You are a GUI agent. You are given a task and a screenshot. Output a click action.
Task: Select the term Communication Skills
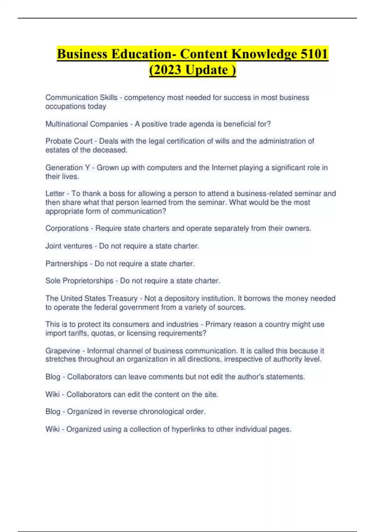click(x=81, y=98)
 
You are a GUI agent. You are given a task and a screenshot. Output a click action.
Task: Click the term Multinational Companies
click(x=87, y=124)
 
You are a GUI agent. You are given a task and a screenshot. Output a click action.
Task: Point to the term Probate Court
click(x=69, y=141)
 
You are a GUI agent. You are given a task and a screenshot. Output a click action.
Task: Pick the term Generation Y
click(x=67, y=168)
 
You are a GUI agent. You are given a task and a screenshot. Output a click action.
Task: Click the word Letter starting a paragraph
click(x=55, y=194)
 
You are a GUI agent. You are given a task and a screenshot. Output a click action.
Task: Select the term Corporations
click(x=67, y=228)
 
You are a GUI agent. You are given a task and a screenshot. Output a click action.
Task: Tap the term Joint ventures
click(x=69, y=246)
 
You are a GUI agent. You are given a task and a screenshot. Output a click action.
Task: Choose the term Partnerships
click(x=67, y=264)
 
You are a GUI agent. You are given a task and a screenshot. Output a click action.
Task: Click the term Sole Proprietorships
click(x=79, y=281)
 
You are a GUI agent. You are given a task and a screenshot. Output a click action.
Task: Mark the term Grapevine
click(x=62, y=351)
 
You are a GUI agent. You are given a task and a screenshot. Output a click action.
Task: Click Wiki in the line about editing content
click(x=52, y=395)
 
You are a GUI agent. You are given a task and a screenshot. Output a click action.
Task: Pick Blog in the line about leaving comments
click(x=53, y=377)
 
